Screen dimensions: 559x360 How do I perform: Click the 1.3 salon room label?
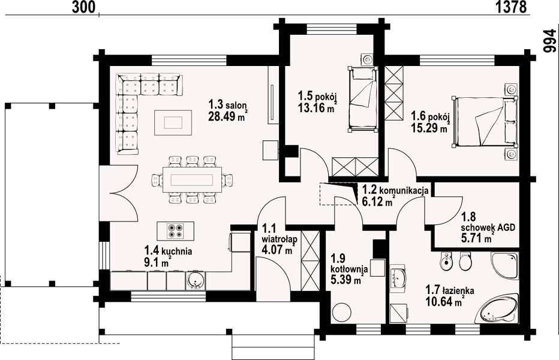click(x=228, y=105)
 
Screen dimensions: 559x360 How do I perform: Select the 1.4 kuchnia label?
click(x=168, y=251)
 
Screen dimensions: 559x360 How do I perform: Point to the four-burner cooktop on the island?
click(x=175, y=230)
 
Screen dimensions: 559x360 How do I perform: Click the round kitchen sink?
click(x=195, y=280)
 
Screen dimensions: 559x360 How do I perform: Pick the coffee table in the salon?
click(x=173, y=123)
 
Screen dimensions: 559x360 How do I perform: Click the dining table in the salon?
click(x=192, y=179)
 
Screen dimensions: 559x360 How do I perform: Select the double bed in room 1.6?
click(x=485, y=122)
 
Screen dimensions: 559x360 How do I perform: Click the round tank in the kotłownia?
click(x=342, y=312)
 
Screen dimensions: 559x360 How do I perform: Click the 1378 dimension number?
click(x=510, y=7)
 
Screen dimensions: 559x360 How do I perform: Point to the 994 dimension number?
click(x=549, y=41)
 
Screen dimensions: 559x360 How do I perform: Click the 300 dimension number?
click(x=84, y=7)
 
